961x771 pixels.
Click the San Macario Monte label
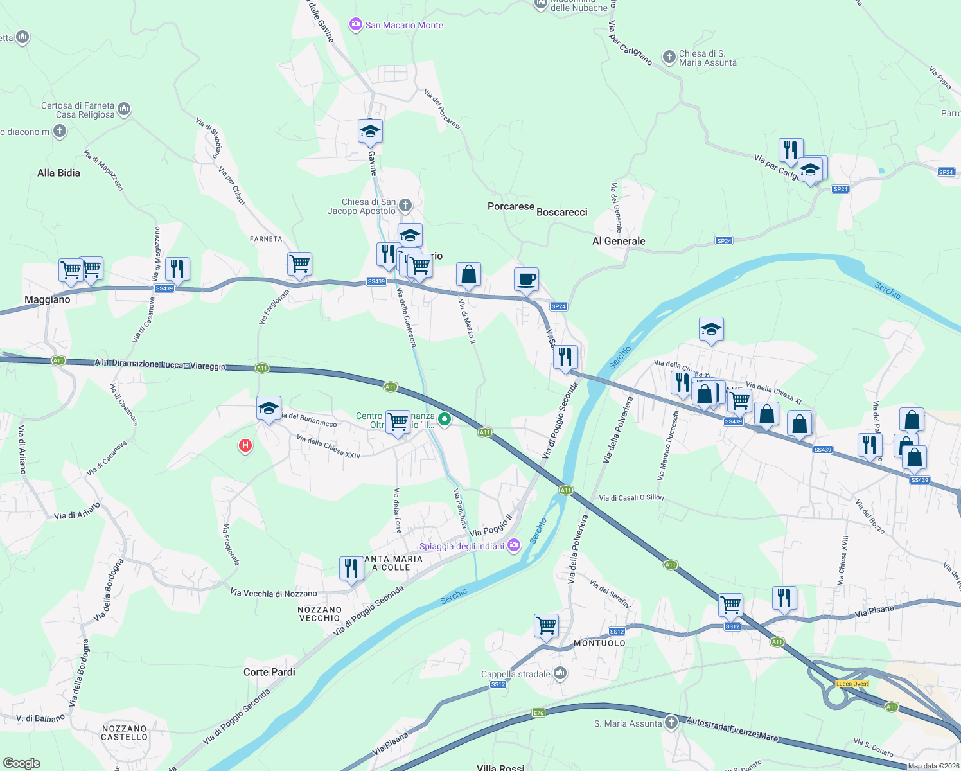click(404, 25)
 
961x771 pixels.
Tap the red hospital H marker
click(245, 445)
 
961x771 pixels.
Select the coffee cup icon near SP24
click(526, 280)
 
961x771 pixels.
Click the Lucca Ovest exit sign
click(852, 684)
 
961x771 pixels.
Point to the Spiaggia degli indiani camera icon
click(513, 546)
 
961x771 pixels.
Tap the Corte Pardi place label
click(269, 672)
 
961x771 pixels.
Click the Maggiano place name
click(47, 299)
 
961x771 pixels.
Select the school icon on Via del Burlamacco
click(269, 408)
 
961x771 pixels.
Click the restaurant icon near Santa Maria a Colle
click(351, 569)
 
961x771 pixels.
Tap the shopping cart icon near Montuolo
click(546, 625)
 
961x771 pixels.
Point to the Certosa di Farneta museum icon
click(124, 109)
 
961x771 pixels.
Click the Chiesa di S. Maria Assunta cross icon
click(669, 58)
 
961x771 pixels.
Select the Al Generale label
click(619, 241)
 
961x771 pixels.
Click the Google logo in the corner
click(21, 763)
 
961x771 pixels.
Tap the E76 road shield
click(538, 713)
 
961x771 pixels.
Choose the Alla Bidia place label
click(58, 173)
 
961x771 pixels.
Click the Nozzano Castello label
click(125, 733)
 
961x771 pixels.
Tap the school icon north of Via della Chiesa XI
click(711, 330)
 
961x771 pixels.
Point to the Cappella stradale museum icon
click(560, 673)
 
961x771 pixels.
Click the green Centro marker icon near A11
click(445, 420)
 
